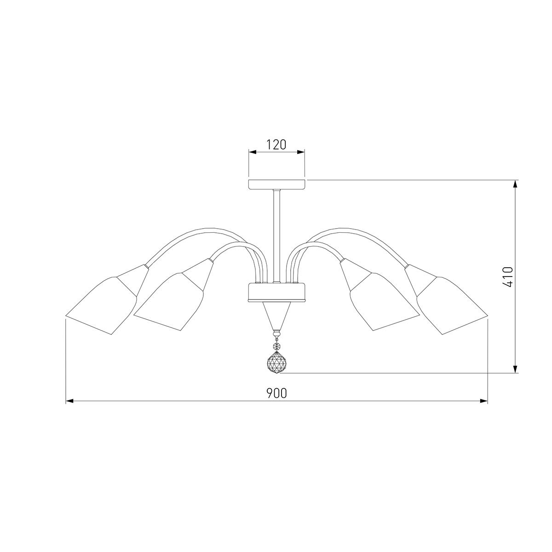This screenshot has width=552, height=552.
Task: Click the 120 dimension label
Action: tap(276, 144)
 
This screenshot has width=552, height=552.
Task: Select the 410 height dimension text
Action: tap(507, 277)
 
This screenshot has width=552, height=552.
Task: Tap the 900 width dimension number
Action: tap(276, 393)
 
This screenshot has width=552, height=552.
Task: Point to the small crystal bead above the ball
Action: tap(276, 346)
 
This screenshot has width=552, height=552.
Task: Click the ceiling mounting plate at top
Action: tap(276, 184)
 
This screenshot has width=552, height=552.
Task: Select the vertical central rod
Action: tap(276, 236)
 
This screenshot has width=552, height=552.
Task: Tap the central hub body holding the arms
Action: tap(276, 292)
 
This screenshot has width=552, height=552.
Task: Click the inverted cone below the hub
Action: tap(276, 316)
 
